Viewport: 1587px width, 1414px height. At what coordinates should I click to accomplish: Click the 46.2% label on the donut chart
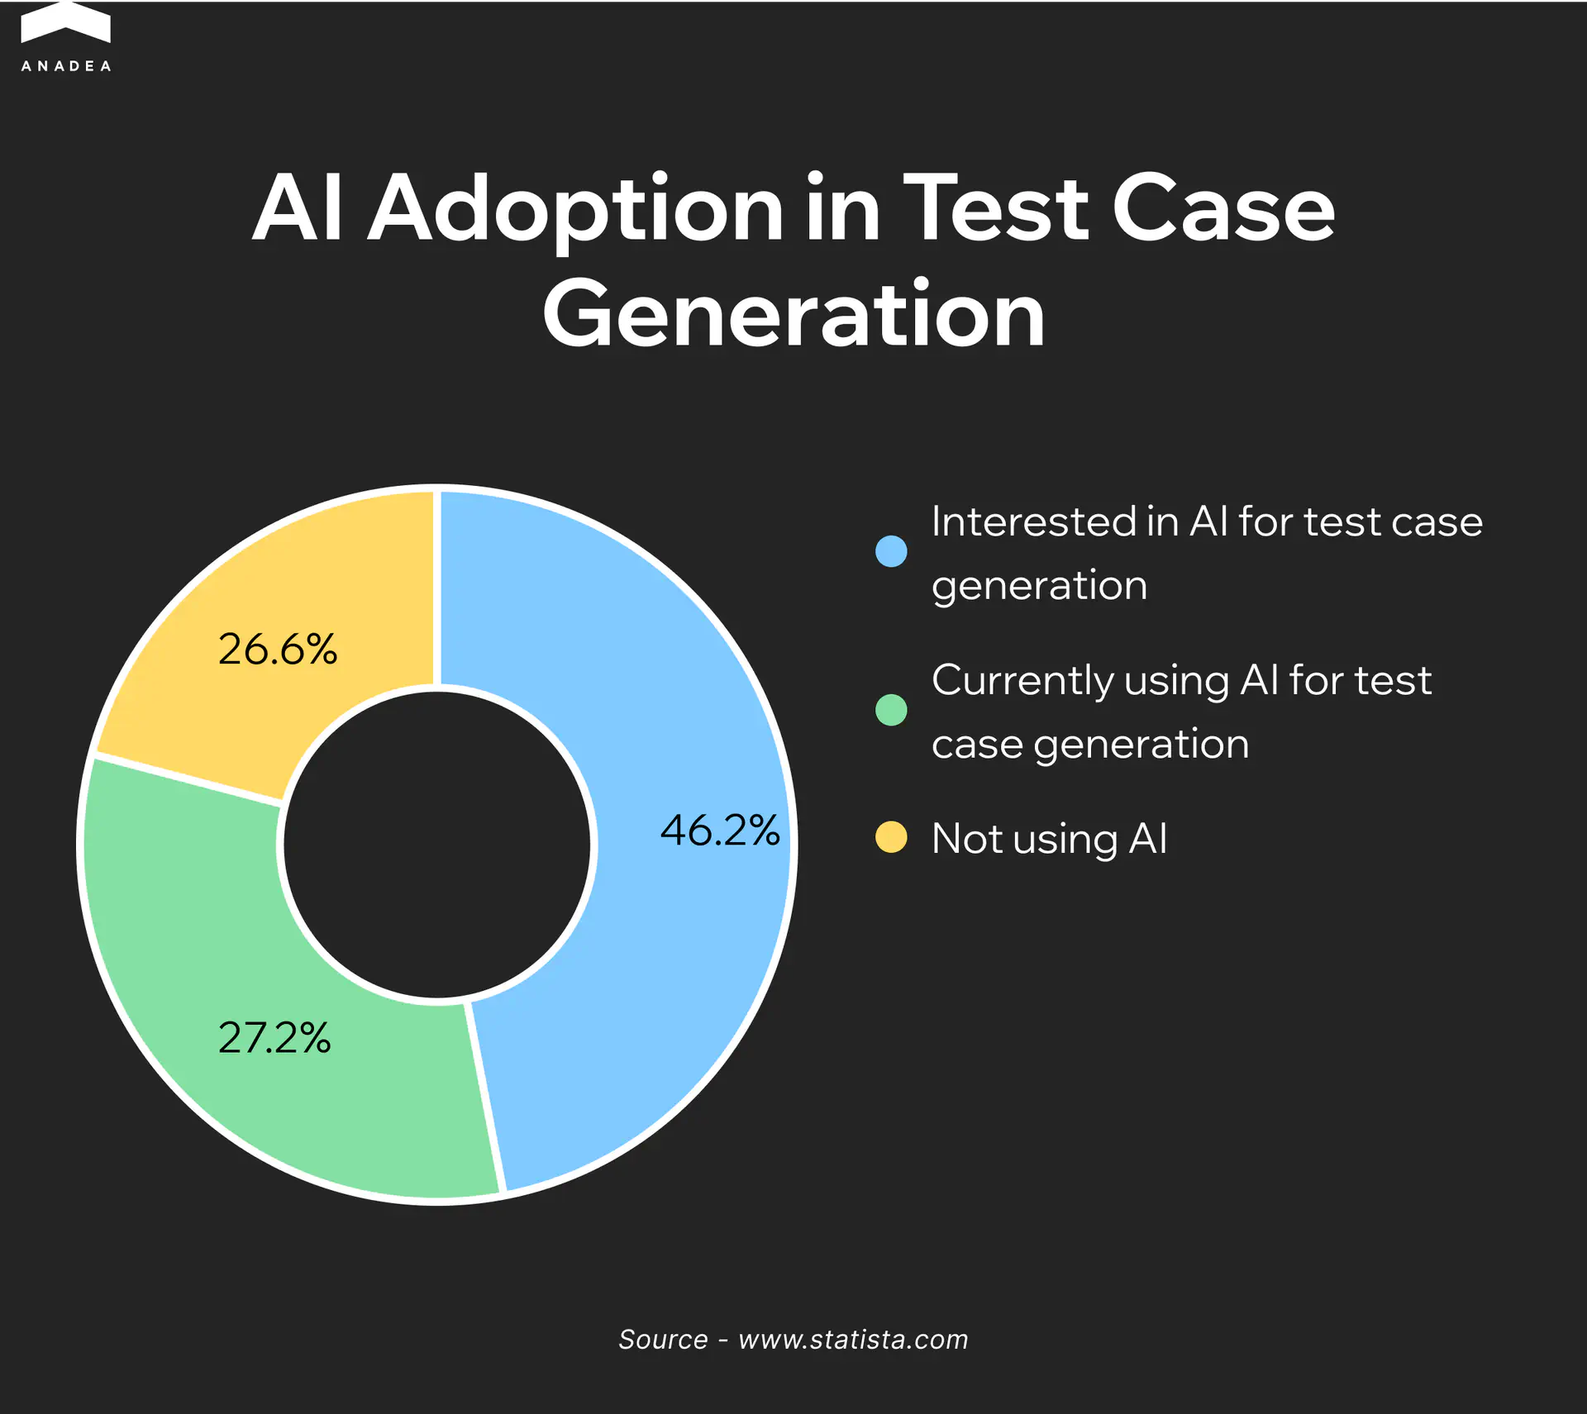pyautogui.click(x=720, y=830)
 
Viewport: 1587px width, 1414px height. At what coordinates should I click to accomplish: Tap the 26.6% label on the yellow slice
pyautogui.click(x=278, y=649)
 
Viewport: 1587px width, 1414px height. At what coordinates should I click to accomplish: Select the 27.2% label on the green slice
pyautogui.click(x=274, y=1037)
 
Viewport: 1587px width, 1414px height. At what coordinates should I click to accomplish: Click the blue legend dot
pyautogui.click(x=891, y=551)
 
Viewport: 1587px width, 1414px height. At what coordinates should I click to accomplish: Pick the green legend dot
pyautogui.click(x=891, y=710)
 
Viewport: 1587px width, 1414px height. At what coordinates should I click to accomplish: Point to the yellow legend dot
pyautogui.click(x=891, y=837)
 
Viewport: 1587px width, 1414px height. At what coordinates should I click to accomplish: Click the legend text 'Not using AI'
pyautogui.click(x=1050, y=840)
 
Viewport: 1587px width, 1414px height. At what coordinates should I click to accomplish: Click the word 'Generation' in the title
pyautogui.click(x=794, y=314)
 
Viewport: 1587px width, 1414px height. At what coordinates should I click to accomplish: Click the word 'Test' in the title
pyautogui.click(x=997, y=208)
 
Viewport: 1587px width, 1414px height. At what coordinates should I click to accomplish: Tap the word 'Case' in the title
pyautogui.click(x=1224, y=208)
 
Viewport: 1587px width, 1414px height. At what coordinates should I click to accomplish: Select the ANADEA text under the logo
pyautogui.click(x=66, y=66)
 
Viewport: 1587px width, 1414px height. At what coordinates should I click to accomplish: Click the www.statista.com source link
pyautogui.click(x=853, y=1339)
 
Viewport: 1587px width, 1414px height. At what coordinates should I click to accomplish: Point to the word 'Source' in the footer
pyautogui.click(x=663, y=1339)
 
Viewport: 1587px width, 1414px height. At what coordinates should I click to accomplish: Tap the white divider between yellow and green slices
pyautogui.click(x=189, y=778)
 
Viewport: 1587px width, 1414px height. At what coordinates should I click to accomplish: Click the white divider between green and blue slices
pyautogui.click(x=485, y=1097)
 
